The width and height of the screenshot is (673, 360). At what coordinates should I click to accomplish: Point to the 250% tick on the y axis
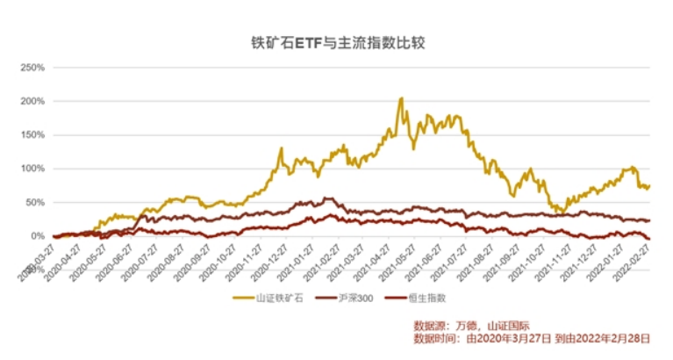32,67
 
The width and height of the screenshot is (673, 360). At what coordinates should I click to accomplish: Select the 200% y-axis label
32,101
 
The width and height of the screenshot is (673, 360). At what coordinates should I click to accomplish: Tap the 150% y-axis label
32,134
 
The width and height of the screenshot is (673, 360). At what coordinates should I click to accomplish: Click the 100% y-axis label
32,169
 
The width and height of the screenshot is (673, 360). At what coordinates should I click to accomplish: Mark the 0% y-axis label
38,236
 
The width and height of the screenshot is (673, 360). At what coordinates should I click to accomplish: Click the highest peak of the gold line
401,99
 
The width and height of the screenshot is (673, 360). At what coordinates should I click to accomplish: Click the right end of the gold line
649,186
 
